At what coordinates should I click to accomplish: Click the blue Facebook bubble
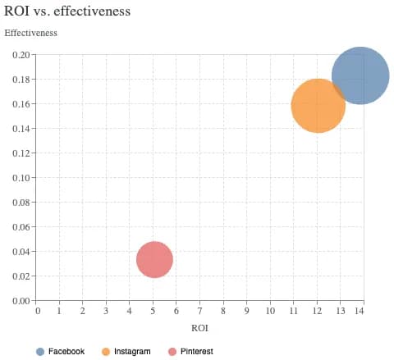click(360, 75)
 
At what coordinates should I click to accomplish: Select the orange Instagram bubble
click(318, 105)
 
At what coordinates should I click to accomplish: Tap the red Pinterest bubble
click(154, 259)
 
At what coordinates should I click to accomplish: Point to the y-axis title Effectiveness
click(31, 34)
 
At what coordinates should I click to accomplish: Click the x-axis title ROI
click(199, 327)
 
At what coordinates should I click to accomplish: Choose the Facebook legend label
click(66, 351)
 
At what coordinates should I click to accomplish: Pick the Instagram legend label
click(132, 351)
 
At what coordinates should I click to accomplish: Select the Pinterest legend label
click(196, 351)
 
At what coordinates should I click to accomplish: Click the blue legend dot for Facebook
click(40, 351)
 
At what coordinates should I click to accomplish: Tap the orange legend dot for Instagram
click(105, 351)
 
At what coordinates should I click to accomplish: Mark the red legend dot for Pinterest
click(172, 351)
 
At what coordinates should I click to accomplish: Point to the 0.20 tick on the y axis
click(21, 55)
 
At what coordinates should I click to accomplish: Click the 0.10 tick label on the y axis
click(21, 178)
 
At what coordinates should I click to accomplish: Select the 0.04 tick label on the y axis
click(21, 252)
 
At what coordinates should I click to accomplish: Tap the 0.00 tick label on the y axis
click(21, 301)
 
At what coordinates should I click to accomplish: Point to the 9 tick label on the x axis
click(245, 312)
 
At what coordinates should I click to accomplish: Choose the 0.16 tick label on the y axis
click(21, 104)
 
